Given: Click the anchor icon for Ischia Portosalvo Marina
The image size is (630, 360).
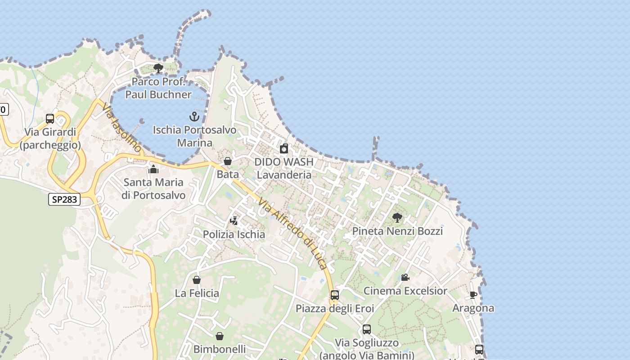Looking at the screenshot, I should (194, 117).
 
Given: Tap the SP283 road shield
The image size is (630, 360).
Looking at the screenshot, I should (64, 199).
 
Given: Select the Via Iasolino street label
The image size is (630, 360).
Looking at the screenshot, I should (122, 128).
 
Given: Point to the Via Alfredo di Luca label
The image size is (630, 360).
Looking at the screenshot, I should (292, 234).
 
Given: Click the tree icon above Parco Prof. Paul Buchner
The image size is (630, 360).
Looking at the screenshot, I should (158, 68).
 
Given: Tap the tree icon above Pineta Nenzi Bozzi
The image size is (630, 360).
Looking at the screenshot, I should (397, 218).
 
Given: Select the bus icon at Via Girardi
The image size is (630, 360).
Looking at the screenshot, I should (50, 119).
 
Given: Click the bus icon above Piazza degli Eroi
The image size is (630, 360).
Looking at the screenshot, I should (334, 295).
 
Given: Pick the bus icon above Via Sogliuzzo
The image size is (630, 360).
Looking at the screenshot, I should (367, 329).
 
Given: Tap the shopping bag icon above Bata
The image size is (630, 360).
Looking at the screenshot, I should (228, 161).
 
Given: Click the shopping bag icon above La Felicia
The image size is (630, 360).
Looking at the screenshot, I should (197, 280).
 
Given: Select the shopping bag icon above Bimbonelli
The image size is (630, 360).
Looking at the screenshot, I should (219, 336).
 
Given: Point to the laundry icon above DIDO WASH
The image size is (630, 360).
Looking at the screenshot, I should (284, 148).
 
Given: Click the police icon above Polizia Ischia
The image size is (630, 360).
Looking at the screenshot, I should (234, 221).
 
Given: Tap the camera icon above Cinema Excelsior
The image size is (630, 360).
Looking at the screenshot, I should (405, 278).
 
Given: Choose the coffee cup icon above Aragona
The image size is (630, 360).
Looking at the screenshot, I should (473, 295).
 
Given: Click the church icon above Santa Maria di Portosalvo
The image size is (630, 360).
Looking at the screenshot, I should (153, 170).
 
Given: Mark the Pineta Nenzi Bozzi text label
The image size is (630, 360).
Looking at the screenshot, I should (397, 231).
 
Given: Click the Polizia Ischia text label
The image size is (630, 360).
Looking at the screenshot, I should (234, 234).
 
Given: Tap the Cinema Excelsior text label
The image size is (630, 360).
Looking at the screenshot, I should (405, 291).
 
